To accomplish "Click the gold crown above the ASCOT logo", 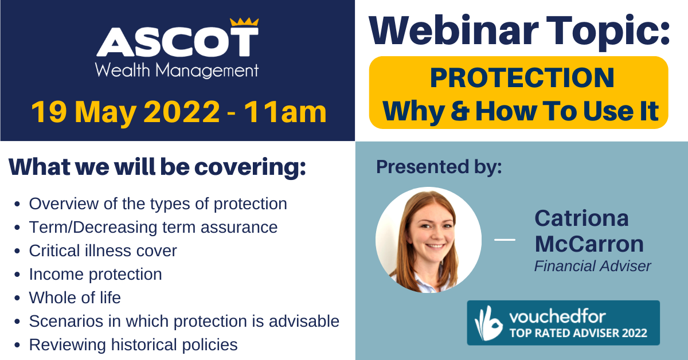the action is click(x=244, y=22).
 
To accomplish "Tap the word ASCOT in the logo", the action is click(x=178, y=42).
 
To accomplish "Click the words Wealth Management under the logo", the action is click(x=177, y=71).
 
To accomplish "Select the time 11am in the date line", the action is click(x=286, y=112).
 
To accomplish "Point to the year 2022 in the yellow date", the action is click(x=182, y=112).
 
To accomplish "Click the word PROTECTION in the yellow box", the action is click(x=522, y=78).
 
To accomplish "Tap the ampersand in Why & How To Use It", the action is click(x=460, y=111).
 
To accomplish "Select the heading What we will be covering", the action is click(x=157, y=167).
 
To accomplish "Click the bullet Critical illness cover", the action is click(x=103, y=251).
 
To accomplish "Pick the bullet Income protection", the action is click(x=96, y=275).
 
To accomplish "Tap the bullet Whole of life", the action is click(x=75, y=298).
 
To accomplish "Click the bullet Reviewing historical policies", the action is click(x=133, y=345).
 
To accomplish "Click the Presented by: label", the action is click(x=439, y=167).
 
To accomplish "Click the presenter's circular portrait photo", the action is click(x=428, y=240).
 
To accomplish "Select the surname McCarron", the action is click(x=589, y=244).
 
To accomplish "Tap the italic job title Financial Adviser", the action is click(x=592, y=266).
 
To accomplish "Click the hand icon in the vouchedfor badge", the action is click(x=488, y=323).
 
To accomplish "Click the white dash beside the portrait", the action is click(x=505, y=240).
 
